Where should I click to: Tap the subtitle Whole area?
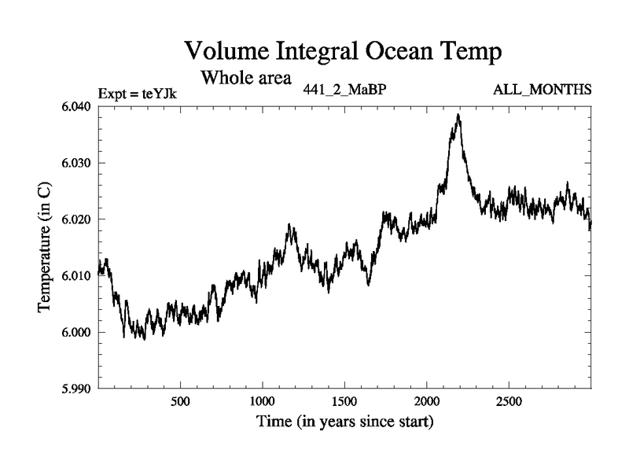(246, 78)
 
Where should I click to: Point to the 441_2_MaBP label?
(344, 88)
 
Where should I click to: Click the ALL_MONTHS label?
(542, 88)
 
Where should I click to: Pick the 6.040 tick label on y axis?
(77, 107)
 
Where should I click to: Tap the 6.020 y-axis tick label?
(77, 219)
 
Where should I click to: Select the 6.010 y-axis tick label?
(77, 276)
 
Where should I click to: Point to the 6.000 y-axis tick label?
(77, 332)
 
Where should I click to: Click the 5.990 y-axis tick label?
(77, 389)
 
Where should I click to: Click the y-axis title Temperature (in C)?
(46, 247)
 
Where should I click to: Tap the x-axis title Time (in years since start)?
(344, 422)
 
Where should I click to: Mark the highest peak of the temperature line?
(458, 115)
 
